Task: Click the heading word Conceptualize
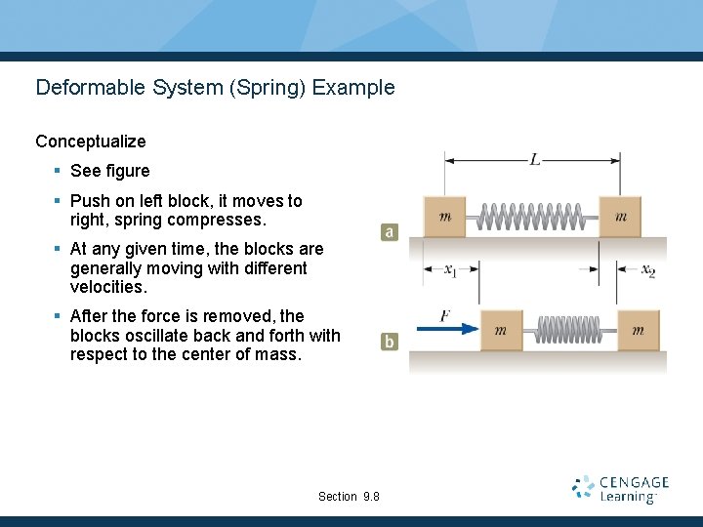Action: pos(91,142)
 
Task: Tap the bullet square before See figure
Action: pos(58,171)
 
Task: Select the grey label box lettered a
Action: pos(390,232)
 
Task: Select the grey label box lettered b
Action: pos(390,342)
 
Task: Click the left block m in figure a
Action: pos(445,217)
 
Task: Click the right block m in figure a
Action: pos(620,217)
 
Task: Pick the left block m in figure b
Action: pos(500,331)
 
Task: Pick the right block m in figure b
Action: pos(638,331)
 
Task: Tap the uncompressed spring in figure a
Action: pos(532,217)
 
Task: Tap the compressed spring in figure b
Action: pos(569,331)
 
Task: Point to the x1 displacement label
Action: pos(451,270)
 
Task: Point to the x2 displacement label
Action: pos(647,270)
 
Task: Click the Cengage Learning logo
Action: pos(620,489)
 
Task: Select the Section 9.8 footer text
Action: pos(349,497)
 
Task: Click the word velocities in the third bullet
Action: pos(106,287)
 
